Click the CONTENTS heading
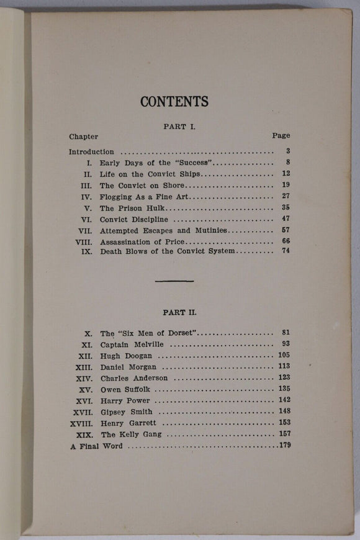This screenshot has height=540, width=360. coord(174,102)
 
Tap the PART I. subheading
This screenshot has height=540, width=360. coord(179,125)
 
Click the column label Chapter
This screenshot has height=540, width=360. coord(83,136)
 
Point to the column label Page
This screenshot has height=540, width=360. coord(281,135)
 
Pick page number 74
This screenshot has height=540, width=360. coord(286,251)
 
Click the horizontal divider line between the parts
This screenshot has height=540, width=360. coord(174,281)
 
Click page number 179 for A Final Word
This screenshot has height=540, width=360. coord(284,445)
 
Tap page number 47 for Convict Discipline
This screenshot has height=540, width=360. coord(286,218)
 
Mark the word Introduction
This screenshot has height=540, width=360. coord(91,151)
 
